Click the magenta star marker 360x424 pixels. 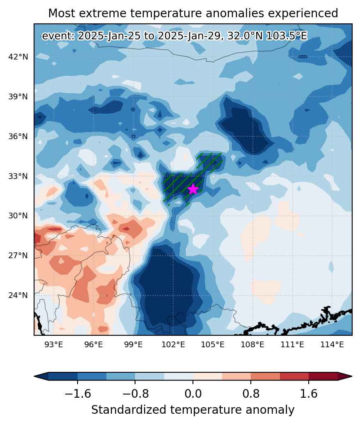coord(193,189)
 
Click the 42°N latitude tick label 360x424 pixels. coord(18,57)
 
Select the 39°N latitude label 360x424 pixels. coord(18,97)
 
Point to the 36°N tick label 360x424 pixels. coord(18,137)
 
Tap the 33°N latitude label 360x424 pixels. coord(18,176)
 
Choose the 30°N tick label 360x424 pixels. coord(18,216)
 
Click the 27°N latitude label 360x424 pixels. coord(18,256)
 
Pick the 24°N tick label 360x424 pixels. coord(18,295)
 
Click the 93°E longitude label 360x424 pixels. coord(53,345)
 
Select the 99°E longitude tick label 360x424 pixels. coord(133,345)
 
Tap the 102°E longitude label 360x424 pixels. coord(173,345)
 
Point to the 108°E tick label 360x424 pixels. coord(252,345)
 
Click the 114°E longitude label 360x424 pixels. coord(332,345)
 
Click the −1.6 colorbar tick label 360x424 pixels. coord(78,394)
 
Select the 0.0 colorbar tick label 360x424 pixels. coord(193,394)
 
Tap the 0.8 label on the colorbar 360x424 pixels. coord(251,394)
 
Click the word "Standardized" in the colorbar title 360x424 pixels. coord(128,410)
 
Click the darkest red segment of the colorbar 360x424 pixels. coord(323,376)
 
